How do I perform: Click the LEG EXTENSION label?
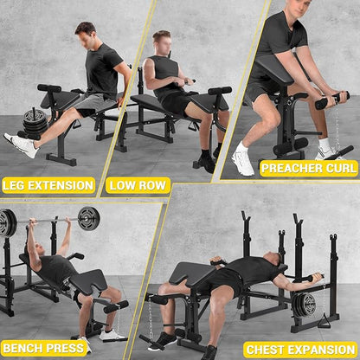pos(48,185)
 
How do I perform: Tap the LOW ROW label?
pos(138,185)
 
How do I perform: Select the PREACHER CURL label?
pos(309,169)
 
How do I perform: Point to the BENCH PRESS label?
pos(43,348)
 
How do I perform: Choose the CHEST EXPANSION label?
pos(300,350)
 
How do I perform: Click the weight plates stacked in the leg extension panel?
pos(35,121)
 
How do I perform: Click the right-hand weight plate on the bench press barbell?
pos(89,218)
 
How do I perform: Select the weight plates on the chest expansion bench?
pos(304,305)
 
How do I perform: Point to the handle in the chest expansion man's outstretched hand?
pos(315,278)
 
